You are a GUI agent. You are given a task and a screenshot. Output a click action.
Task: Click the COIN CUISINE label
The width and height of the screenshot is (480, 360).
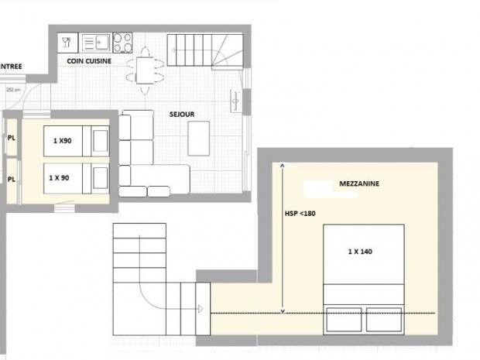pos(89,60)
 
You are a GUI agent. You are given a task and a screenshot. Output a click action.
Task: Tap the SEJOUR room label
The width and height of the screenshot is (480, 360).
pos(182,114)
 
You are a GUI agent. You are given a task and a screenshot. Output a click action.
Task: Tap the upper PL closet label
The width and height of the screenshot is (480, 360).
pos(12,139)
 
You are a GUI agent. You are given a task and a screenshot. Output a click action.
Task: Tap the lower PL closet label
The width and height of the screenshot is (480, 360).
pos(12,178)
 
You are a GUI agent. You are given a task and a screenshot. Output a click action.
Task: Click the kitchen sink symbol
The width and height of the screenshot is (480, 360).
pos(94,41)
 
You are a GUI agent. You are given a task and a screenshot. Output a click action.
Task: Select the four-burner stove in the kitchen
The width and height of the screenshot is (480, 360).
pos(122,41)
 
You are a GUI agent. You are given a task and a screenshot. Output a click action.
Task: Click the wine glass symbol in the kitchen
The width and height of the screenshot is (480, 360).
pos(67,41)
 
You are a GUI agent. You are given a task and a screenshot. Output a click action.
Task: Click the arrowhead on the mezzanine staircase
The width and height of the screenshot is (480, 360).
pos(200,308)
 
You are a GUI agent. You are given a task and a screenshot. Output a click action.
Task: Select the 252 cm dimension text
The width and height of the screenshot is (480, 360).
pos(12,90)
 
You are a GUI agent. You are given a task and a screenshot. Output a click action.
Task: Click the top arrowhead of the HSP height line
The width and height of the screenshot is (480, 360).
pos(283,166)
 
